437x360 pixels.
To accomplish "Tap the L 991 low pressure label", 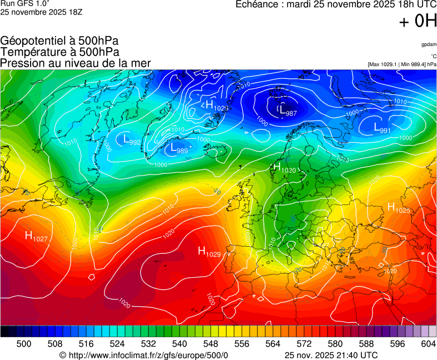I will coord(382,128).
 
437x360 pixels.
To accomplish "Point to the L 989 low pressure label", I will coord(178,148).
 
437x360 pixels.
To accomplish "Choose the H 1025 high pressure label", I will coord(398,208).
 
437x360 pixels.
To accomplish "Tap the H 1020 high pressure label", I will coord(284,167).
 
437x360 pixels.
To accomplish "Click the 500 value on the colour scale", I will coord(24,344).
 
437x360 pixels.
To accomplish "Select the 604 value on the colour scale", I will coord(428,344).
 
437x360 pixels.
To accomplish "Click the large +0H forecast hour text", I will coord(418,21).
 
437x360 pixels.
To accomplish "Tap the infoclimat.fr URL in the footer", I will coord(144,355).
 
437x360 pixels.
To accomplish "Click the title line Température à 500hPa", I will coord(59,52).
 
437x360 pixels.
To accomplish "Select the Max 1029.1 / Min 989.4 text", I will coord(402,64).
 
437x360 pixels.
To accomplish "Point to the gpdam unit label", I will coord(429,44).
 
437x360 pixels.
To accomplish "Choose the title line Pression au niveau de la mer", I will coord(76,63).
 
